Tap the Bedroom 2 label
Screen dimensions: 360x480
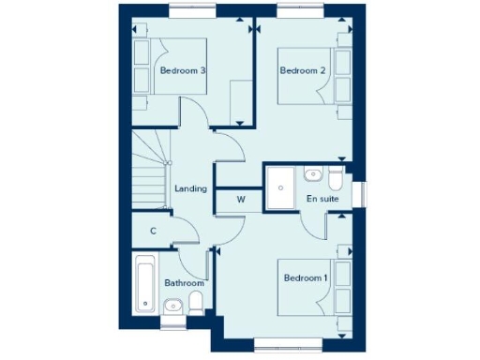(x=303, y=70)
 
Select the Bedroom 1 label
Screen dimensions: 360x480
(x=306, y=277)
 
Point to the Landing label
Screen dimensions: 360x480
(x=191, y=188)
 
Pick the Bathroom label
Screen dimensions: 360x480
(x=184, y=282)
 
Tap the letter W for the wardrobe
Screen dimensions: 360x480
(x=240, y=199)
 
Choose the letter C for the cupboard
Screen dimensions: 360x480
(x=152, y=231)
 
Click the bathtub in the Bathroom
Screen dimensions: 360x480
(x=144, y=283)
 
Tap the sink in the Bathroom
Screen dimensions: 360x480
(x=172, y=306)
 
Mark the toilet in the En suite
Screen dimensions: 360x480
(x=336, y=176)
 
